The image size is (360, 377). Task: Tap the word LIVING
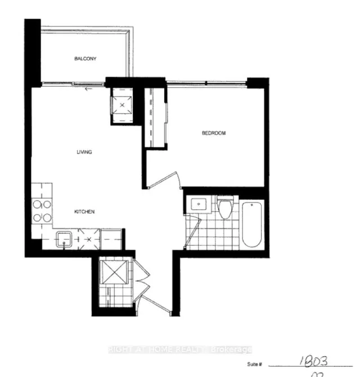pos(85,152)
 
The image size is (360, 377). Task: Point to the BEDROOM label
pos(214,133)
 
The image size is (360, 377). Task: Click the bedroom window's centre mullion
pos(206,83)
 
